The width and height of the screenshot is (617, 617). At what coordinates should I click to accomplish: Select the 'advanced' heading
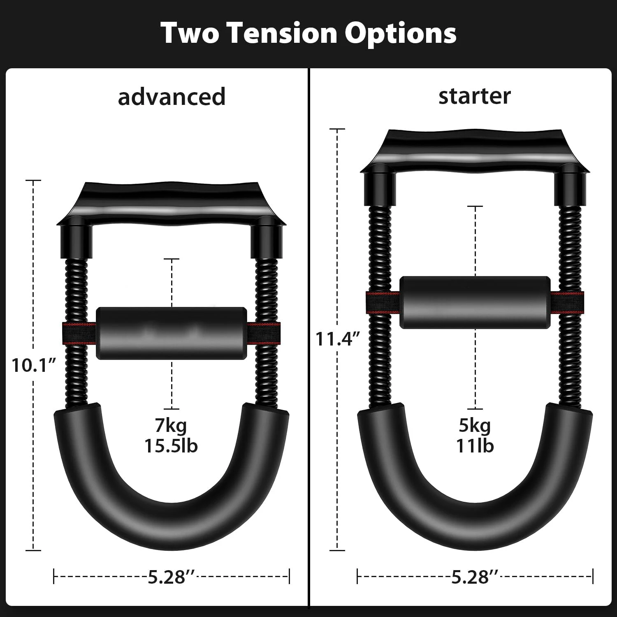coord(172,97)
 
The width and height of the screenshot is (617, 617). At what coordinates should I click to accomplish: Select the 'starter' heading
coord(474,96)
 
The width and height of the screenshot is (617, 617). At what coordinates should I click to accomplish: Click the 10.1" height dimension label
coord(33,365)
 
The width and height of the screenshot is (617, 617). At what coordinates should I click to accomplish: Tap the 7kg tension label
coord(171,425)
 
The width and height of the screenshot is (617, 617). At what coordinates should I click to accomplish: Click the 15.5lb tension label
coord(171,446)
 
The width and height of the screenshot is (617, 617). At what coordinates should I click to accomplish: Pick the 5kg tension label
coord(475,425)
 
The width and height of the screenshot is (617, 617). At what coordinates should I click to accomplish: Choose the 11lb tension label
coord(475,446)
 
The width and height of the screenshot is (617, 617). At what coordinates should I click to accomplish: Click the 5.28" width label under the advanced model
coord(172,577)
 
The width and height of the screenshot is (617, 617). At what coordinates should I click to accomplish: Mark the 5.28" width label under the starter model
coord(475,577)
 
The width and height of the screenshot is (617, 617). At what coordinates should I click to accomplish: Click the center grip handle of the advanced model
coord(171,332)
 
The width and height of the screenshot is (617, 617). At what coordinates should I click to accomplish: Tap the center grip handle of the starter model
coord(475,302)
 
